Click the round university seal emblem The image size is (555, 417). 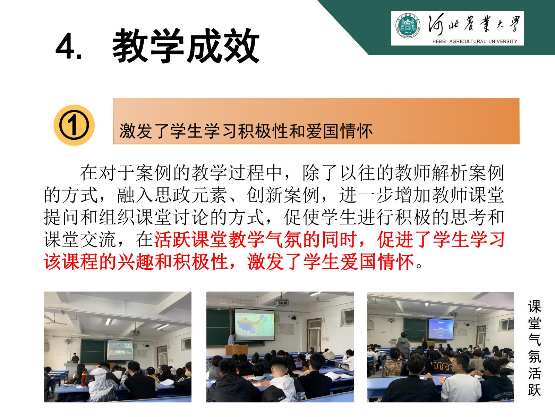[x=408, y=26]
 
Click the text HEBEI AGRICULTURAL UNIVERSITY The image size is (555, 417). [x=475, y=41]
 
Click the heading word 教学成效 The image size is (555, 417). [x=186, y=46]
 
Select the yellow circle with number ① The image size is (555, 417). [x=74, y=125]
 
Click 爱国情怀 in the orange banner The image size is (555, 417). [x=339, y=131]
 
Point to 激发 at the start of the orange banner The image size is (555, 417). [x=136, y=131]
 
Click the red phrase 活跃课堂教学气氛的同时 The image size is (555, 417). [x=255, y=239]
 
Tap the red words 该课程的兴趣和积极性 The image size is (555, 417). [x=136, y=262]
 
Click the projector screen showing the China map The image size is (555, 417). [x=254, y=325]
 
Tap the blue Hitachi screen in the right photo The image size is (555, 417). [x=441, y=329]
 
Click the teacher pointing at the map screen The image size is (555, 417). [x=231, y=338]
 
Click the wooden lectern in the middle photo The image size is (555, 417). [x=237, y=350]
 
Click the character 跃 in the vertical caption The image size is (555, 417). [x=534, y=390]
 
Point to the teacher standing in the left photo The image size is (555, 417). [x=75, y=358]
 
